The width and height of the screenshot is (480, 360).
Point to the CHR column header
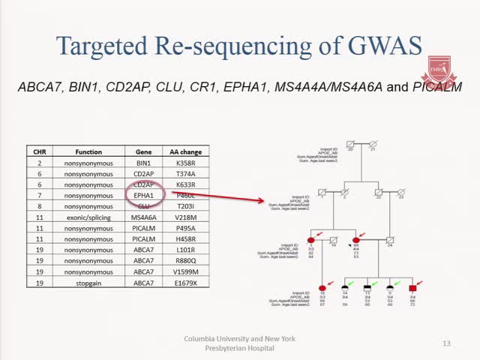[39, 151]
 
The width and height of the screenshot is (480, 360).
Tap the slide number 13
[447, 343]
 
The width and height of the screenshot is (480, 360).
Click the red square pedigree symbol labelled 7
[412, 288]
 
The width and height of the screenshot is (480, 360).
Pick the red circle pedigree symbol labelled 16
[323, 288]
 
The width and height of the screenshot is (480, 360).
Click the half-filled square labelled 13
[367, 288]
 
